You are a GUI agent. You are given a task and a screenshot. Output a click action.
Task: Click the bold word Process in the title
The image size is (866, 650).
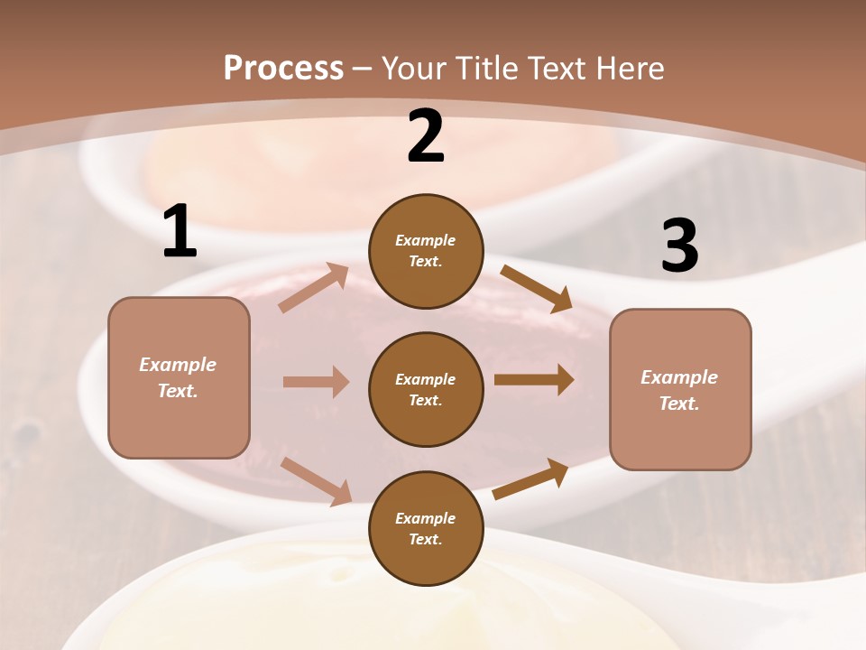coord(283,68)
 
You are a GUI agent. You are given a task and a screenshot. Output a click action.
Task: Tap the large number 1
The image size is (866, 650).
coord(180,232)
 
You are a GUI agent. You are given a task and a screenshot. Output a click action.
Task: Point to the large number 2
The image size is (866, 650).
coord(426,136)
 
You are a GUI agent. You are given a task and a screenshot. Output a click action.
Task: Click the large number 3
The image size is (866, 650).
coord(679,246)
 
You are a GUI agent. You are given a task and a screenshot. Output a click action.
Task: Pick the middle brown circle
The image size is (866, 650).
coord(426,390)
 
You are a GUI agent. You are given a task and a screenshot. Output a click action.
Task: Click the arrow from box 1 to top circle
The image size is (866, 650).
coord(315,287)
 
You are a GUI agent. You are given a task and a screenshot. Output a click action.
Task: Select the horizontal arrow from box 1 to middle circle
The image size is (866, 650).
coord(316,382)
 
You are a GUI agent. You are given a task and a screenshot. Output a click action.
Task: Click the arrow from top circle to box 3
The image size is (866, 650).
coord(537,289)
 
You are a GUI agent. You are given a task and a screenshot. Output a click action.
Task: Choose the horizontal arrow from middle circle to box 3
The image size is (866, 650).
coord(534,380)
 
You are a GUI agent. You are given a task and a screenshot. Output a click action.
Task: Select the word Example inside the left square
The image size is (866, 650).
coord(178,365)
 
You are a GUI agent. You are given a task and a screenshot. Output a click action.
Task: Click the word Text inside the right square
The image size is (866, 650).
coord(678,404)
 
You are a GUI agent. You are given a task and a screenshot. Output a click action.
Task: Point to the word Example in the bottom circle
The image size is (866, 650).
coord(425,518)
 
